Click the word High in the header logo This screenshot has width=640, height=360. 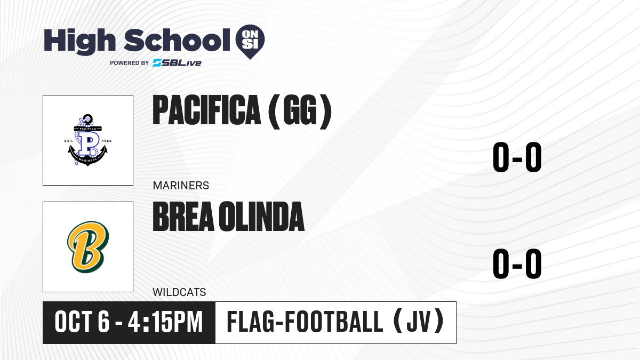coord(79,41)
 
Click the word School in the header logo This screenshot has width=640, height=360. coord(177,40)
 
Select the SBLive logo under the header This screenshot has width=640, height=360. coord(177,62)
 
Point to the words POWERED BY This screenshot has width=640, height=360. coord(130,63)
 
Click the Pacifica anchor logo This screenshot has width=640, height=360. coord(88,140)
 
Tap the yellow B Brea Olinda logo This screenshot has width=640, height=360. coord(88,247)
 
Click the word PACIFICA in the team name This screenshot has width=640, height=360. coord(207,110)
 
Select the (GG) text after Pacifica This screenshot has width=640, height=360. coord(300,111)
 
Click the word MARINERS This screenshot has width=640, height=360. coord(181,186)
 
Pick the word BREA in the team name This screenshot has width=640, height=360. coord(183,217)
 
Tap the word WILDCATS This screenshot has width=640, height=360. coord(179,292)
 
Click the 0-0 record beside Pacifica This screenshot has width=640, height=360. coord(517,157)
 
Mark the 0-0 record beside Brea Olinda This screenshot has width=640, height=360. coord(517,263)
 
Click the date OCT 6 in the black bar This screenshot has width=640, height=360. coord(82,322)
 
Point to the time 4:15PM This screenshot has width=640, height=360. coord(165,322)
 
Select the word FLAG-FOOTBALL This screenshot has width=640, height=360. coord(305,322)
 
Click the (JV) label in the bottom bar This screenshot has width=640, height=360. coord(419,322)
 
